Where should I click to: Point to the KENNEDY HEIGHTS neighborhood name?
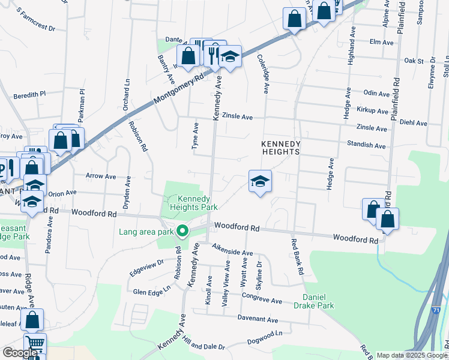(280, 148)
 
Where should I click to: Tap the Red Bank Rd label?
(297, 257)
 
